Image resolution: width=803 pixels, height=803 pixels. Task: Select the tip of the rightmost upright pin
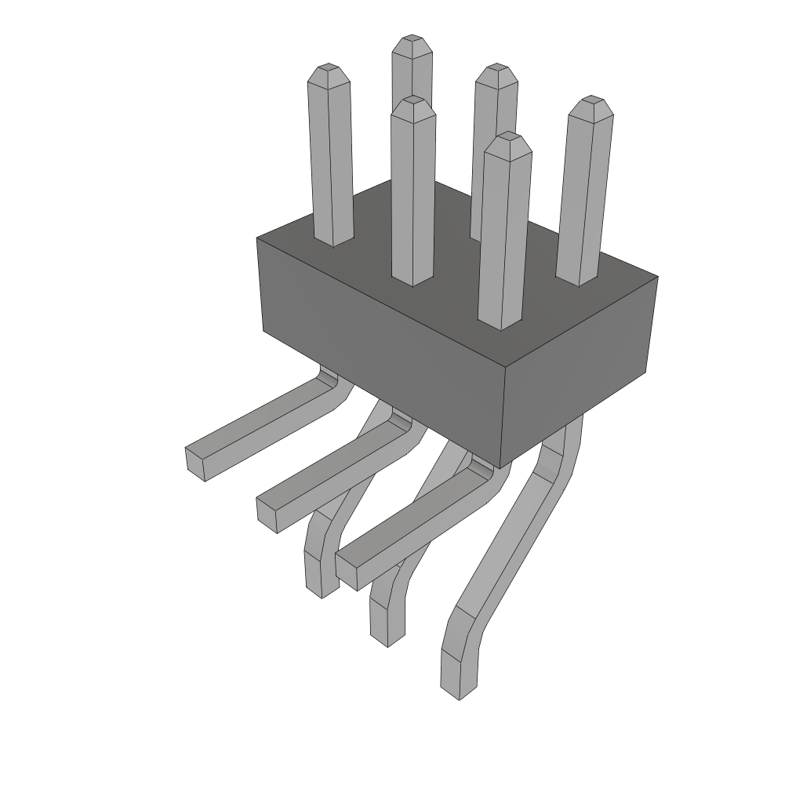pos(590,103)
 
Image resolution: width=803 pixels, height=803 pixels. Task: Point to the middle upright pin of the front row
pos(412,196)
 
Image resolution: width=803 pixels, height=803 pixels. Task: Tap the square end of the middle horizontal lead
pos(267,514)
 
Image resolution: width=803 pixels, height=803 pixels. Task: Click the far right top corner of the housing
pos(657,277)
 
